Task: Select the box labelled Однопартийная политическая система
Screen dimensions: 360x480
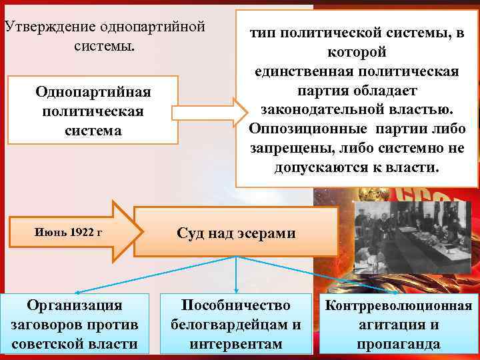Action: (x=93, y=110)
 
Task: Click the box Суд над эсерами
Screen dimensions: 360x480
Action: (x=236, y=233)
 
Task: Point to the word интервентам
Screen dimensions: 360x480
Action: (x=236, y=345)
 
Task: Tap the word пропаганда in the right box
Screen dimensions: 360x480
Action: (x=398, y=345)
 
